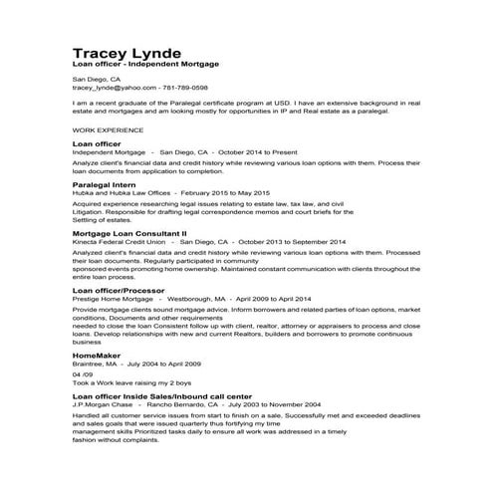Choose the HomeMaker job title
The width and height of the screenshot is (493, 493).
pos(98,354)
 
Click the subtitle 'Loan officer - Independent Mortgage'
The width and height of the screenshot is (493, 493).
pos(145,65)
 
